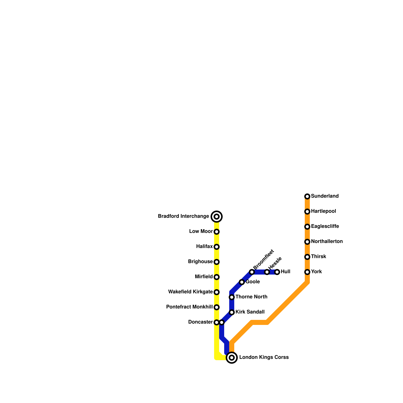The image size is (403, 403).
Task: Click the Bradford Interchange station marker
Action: pos(217,217)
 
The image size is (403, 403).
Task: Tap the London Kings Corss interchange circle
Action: pos(232,358)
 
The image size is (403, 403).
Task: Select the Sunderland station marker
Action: pos(307,196)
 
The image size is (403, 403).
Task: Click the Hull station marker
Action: pos(277,272)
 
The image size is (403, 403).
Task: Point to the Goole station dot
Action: pos(242,282)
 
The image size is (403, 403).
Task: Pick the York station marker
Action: pos(307,272)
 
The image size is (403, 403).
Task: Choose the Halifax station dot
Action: pos(217,247)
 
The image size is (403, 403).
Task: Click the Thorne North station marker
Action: pos(232,297)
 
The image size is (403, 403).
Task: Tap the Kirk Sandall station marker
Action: pos(232,312)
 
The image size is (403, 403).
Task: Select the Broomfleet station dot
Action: pos(252,272)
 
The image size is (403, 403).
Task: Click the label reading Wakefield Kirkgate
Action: pos(190,292)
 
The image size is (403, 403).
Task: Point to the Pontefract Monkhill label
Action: pos(189,307)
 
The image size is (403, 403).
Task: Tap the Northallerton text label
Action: pos(327,242)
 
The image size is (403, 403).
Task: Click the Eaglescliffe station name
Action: pos(325,226)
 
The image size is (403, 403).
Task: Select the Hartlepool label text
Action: pos(323,211)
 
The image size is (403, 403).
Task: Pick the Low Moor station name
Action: pos(201,231)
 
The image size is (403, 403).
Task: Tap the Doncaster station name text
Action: pos(200,322)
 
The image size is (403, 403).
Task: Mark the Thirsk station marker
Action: pos(307,257)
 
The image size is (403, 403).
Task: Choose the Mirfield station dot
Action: pos(217,277)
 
